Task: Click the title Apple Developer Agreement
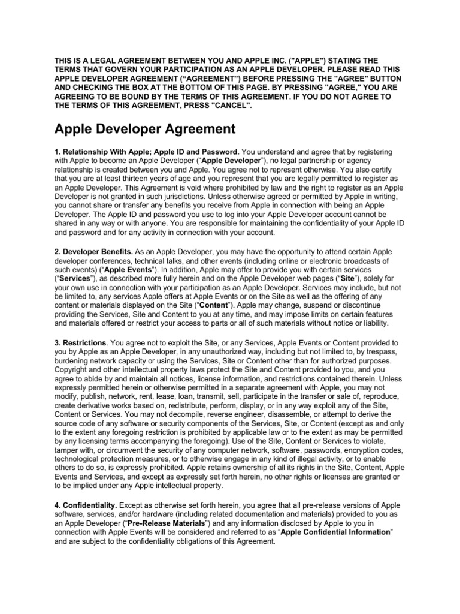tap(145, 128)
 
